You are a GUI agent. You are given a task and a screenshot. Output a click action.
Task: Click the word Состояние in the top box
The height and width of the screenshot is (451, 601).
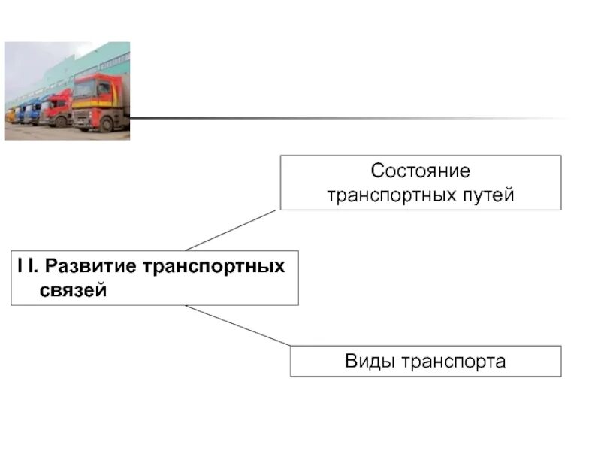(x=420, y=171)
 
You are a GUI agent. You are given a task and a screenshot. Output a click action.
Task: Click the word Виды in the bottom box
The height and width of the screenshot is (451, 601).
(x=370, y=362)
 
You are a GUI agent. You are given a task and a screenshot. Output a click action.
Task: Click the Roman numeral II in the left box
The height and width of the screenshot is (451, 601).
(x=27, y=267)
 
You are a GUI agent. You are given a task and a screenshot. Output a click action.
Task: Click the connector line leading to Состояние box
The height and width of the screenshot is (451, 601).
(x=231, y=230)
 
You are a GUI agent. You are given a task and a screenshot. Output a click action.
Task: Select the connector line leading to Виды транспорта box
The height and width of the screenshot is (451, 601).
(x=237, y=325)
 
